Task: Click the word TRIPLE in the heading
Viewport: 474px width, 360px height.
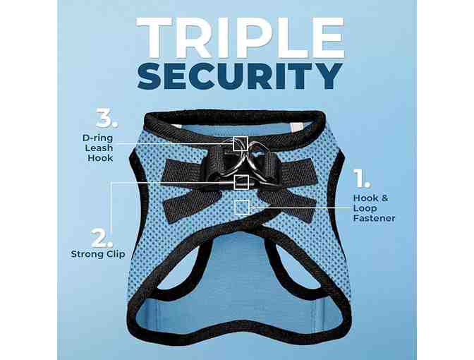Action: click(x=241, y=37)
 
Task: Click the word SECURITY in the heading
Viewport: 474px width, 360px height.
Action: click(x=240, y=76)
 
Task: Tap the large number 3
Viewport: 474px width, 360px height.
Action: click(x=107, y=118)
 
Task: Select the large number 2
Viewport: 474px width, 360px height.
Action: click(x=102, y=238)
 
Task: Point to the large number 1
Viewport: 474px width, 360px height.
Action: click(x=362, y=179)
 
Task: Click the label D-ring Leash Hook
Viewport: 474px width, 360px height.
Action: click(x=98, y=148)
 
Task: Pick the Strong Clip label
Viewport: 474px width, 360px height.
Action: click(x=98, y=254)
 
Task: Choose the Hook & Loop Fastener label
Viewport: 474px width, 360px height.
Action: click(x=374, y=208)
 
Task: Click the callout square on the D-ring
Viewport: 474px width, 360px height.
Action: click(x=241, y=143)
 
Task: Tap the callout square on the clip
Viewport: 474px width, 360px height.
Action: click(x=241, y=182)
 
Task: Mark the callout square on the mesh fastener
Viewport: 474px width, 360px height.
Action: click(x=242, y=208)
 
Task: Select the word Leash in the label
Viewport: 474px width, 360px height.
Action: click(x=99, y=148)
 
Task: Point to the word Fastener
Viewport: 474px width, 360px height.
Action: click(x=375, y=218)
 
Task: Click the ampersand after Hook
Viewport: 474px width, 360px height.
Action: click(x=384, y=198)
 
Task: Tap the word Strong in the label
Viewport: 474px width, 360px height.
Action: click(x=87, y=254)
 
